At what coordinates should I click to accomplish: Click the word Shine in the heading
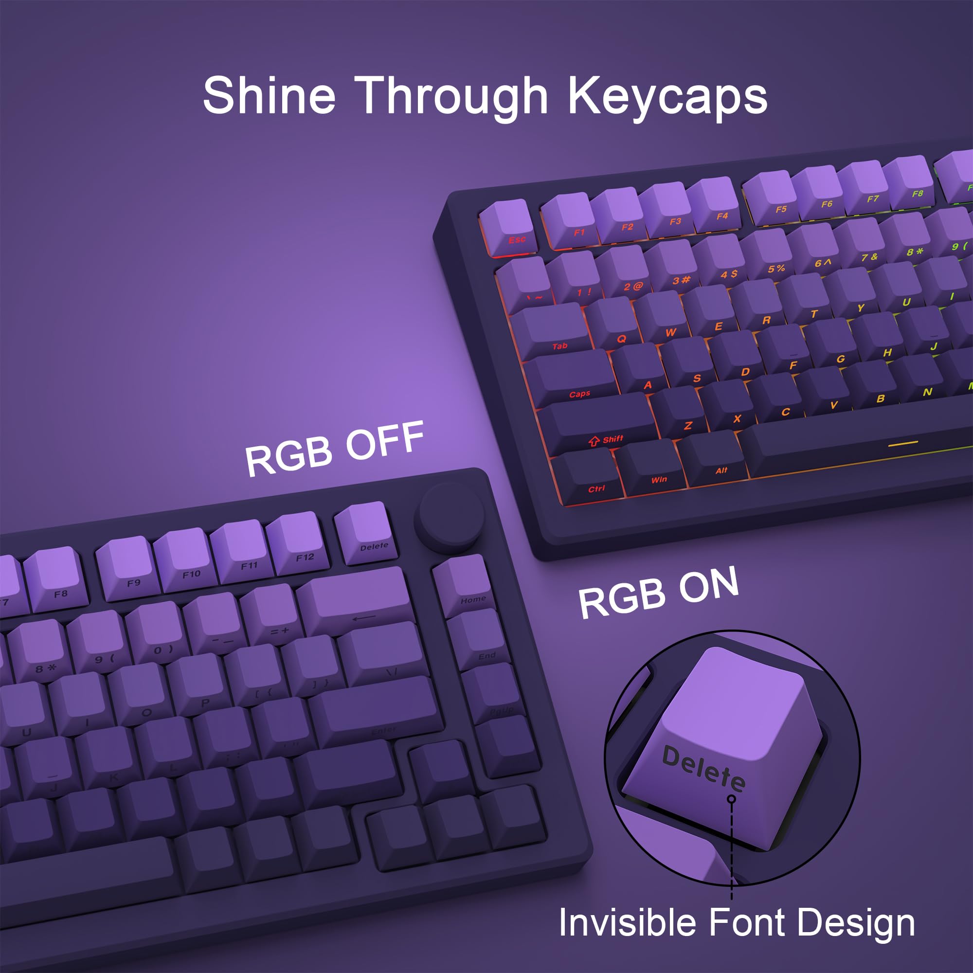270,96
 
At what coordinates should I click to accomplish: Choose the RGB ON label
658,593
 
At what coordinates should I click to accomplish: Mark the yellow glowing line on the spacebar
903,444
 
